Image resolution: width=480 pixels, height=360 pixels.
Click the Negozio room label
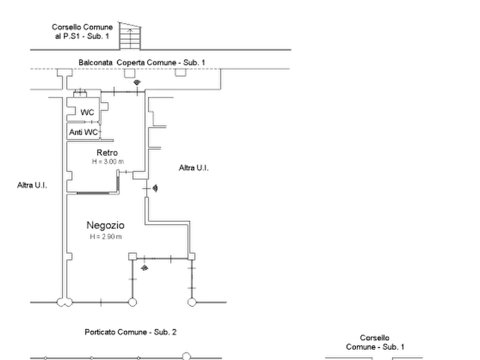[x=106, y=225]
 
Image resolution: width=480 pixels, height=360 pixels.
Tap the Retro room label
[x=107, y=152]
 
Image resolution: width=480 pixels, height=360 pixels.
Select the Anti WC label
[x=83, y=132]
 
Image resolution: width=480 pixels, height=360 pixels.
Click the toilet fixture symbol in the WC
[x=72, y=111]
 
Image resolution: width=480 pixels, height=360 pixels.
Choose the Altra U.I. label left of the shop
[x=32, y=186]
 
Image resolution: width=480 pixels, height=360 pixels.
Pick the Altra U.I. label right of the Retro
[x=193, y=169]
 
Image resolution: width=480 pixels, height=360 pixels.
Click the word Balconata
[x=95, y=62]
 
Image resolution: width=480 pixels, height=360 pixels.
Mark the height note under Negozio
[x=105, y=235]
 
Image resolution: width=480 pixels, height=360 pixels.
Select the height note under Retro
[x=106, y=161]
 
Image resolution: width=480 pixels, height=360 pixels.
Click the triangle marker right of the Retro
[x=155, y=189]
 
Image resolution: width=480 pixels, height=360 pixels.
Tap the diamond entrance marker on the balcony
[x=138, y=82]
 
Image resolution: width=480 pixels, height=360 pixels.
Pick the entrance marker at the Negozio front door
[x=144, y=267]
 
